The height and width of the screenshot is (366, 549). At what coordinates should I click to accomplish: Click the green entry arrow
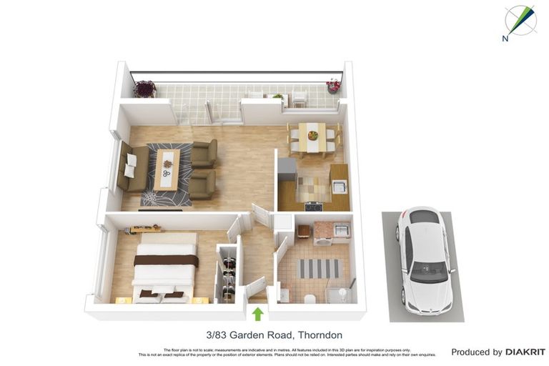258,313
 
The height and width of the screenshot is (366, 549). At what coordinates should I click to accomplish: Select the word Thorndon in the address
320,335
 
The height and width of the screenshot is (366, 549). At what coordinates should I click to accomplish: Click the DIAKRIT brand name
525,352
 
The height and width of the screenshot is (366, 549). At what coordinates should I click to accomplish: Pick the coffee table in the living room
167,169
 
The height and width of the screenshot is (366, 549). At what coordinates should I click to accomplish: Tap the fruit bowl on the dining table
312,134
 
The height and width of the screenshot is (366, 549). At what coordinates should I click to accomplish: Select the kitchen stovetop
313,207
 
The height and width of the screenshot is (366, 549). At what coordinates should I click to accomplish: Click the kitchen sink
339,187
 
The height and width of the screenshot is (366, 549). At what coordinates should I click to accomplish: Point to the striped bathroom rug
319,268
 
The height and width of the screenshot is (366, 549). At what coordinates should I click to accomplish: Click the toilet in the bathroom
310,297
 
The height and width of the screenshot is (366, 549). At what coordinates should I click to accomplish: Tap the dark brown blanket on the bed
166,259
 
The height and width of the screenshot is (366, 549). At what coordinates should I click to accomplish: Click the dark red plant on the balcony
145,89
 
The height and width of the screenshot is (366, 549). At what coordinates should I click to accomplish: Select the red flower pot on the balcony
333,86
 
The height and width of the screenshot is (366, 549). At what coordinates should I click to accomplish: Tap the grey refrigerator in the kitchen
287,170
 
